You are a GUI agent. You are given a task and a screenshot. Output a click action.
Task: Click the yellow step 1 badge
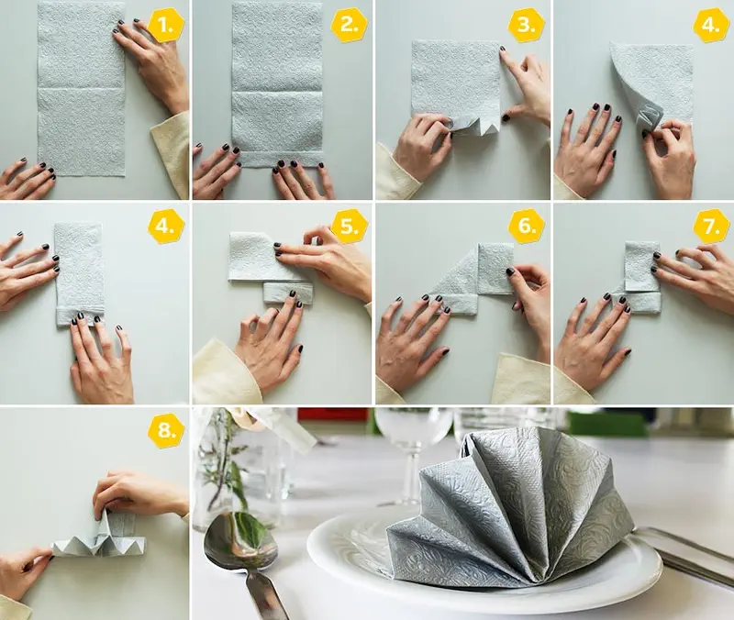pyautogui.click(x=166, y=26)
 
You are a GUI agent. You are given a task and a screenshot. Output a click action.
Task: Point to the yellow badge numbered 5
pyautogui.click(x=350, y=227)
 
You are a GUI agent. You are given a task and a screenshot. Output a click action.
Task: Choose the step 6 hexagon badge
pyautogui.click(x=526, y=226)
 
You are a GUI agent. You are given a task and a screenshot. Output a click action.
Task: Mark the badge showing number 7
pyautogui.click(x=711, y=227)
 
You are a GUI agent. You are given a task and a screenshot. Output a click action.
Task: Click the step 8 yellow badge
pyautogui.click(x=166, y=429)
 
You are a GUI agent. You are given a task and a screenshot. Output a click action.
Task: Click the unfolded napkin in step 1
pyautogui.click(x=81, y=89)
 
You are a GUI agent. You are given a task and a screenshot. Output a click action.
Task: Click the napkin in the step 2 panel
pyautogui.click(x=278, y=84)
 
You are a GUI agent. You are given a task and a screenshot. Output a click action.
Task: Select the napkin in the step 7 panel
pyautogui.click(x=640, y=275)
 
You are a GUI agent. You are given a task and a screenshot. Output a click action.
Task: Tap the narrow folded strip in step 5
pyautogui.click(x=286, y=293)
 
